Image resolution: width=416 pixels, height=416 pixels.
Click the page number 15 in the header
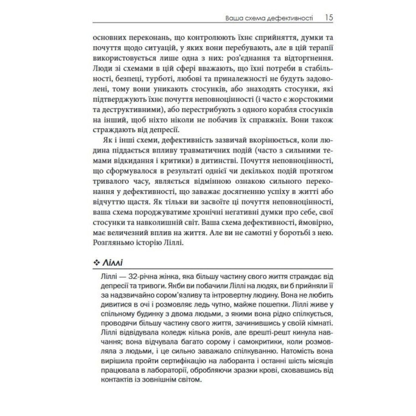click(328, 17)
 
